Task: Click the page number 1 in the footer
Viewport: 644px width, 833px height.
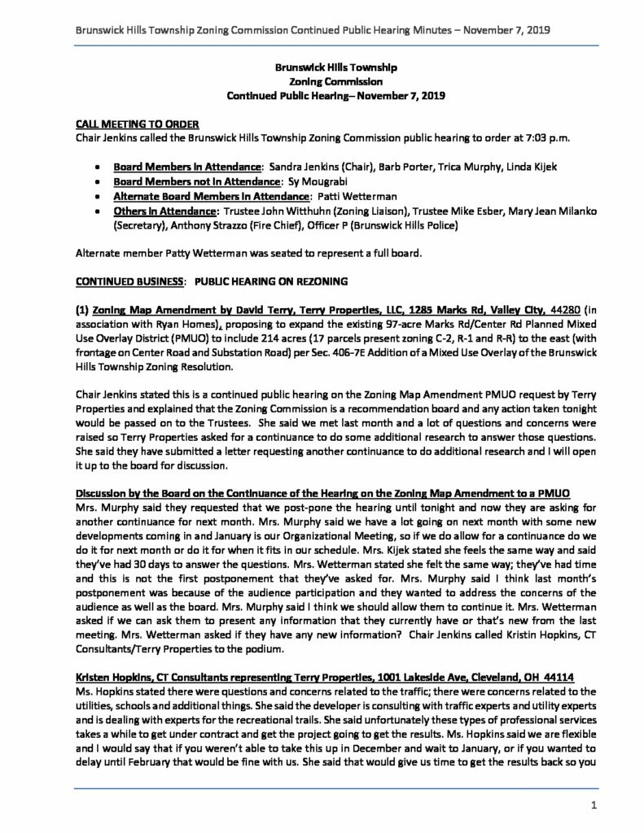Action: (595, 805)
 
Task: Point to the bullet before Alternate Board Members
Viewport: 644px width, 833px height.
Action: (98, 196)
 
